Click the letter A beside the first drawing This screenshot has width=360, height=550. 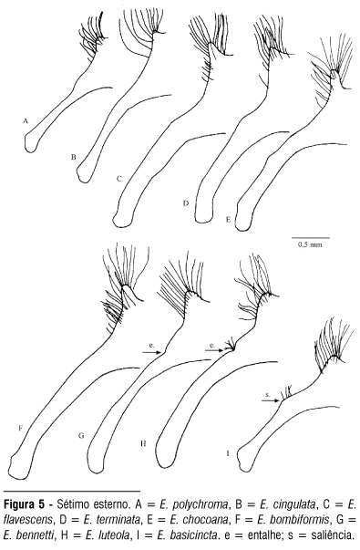point(25,121)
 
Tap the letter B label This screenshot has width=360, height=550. point(73,157)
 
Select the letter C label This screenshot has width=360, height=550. point(119,179)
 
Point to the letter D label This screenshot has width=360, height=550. point(186,203)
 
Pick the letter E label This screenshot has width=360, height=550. point(228,220)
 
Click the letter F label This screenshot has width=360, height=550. point(21,428)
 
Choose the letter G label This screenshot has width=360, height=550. point(81,436)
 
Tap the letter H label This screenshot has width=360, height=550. point(143,443)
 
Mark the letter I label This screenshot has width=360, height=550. point(228,454)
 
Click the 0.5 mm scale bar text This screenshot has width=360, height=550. point(310,244)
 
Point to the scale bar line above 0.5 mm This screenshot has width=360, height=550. point(311,238)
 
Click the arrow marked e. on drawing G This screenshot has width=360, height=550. point(151,352)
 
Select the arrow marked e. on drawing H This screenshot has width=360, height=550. point(214,349)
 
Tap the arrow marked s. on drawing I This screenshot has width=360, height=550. point(272,400)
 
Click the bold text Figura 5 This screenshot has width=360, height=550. point(25,505)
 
